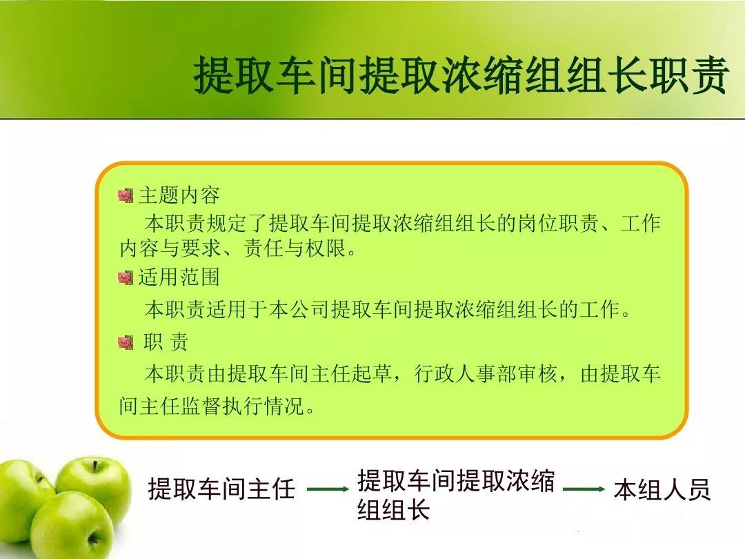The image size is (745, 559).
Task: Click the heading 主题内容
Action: coord(179,195)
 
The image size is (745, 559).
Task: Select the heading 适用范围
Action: coord(179,277)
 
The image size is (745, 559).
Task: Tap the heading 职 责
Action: coord(166,342)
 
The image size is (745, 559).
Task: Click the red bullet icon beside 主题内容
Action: coord(126,195)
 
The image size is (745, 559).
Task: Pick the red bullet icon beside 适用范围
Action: coord(126,277)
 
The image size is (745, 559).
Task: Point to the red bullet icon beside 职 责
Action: coord(126,342)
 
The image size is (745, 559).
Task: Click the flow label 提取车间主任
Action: coord(221,489)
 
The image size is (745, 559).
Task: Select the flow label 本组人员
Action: coord(662,489)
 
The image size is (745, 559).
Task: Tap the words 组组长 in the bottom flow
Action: coord(394,509)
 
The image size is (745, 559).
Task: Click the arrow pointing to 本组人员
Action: coord(584,489)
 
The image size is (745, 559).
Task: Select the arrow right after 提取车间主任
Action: coord(328,489)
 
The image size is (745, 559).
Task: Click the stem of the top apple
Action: coord(95,467)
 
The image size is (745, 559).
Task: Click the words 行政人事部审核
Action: coord(485,374)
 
